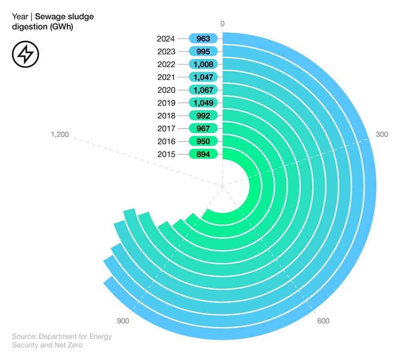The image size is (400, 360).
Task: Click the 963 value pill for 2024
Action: (x=203, y=39)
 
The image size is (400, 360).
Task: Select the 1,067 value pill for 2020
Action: (x=203, y=90)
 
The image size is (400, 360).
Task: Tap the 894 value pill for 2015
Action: (x=203, y=154)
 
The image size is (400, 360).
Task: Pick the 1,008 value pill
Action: (x=203, y=64)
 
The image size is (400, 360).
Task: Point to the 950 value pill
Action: (x=203, y=141)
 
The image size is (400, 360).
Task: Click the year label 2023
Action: (x=166, y=52)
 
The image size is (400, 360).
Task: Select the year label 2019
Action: (x=166, y=103)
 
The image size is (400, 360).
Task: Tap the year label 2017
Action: (x=166, y=128)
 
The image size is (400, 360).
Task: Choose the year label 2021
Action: (x=166, y=77)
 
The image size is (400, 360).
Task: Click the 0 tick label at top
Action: (x=222, y=24)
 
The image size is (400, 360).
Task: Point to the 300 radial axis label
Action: (x=382, y=134)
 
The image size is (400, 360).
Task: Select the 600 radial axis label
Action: (x=323, y=321)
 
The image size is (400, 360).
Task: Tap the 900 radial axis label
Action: (x=123, y=321)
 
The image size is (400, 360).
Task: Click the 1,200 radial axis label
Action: (x=60, y=134)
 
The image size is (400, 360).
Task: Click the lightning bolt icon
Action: (x=25, y=54)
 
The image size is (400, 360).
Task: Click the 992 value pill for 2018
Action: (x=203, y=116)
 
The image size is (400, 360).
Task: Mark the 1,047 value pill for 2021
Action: (x=203, y=77)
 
